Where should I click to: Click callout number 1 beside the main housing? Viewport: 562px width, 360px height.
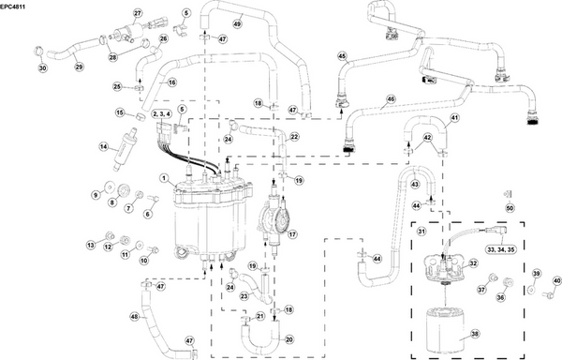point(163,178)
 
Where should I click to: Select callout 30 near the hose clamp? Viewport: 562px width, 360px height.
point(41,68)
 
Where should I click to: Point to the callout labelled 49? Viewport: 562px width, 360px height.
point(237,22)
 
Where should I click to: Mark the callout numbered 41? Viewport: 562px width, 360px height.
point(454,117)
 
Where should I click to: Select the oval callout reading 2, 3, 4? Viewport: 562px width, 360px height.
point(161,112)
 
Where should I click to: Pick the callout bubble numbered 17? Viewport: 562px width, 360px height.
point(291,234)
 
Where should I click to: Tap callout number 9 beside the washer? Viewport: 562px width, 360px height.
point(95,194)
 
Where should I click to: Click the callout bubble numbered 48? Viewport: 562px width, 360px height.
point(134,317)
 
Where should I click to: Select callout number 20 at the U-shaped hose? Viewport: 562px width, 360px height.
point(288,339)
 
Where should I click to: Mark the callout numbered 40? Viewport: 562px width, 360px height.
point(556,280)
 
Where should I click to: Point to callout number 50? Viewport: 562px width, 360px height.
point(510,207)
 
